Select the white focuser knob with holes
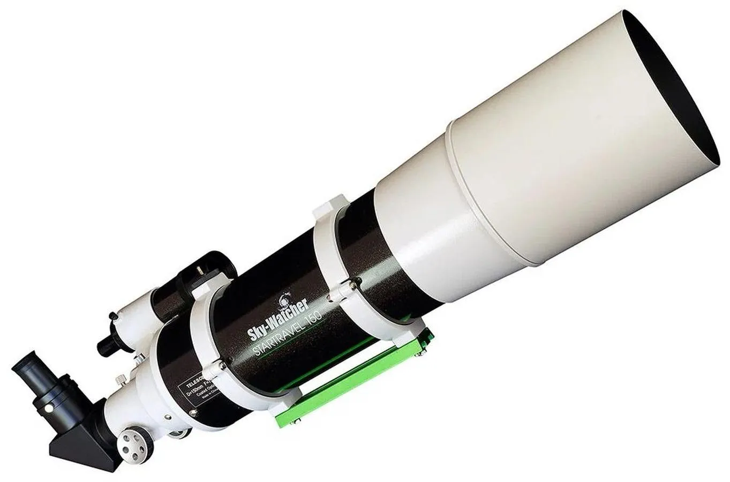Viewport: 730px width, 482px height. point(132,437)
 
